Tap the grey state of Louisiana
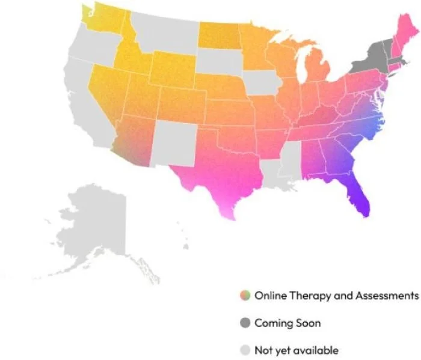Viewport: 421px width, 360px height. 271,168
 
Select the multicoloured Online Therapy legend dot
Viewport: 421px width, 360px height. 244,296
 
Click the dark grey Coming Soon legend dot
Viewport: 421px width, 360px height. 244,323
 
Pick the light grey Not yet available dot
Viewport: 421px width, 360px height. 244,350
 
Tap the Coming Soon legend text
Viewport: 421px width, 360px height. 287,323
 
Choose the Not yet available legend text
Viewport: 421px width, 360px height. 297,350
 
